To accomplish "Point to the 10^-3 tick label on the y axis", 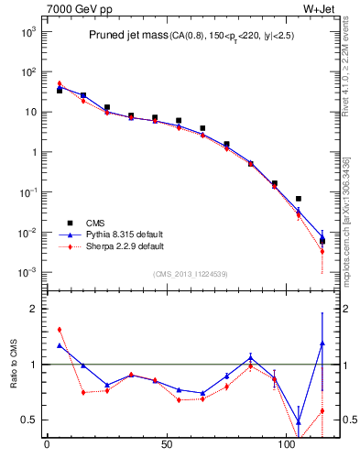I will [26, 273].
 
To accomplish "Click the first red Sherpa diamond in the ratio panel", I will [60, 330].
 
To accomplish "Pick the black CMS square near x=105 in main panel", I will [299, 199].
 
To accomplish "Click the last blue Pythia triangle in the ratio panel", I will [322, 344].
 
